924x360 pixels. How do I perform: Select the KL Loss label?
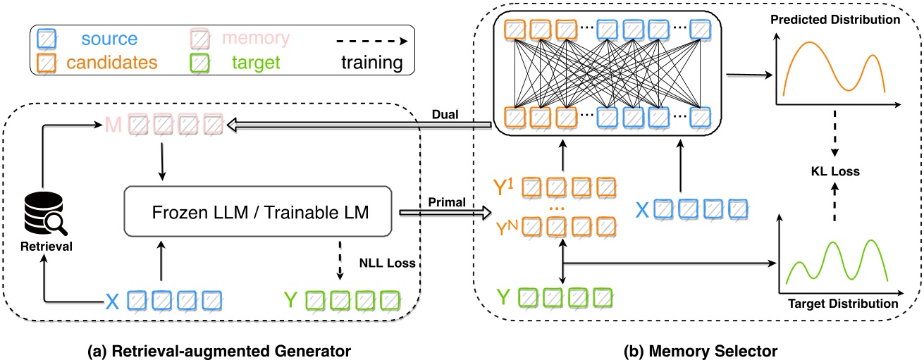point(835,171)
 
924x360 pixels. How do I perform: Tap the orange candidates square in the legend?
point(47,63)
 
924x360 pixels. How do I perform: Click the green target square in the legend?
point(201,63)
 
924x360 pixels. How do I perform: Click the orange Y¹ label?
point(505,189)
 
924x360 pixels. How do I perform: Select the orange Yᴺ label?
point(505,228)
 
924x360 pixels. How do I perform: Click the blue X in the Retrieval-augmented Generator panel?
point(111,302)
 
